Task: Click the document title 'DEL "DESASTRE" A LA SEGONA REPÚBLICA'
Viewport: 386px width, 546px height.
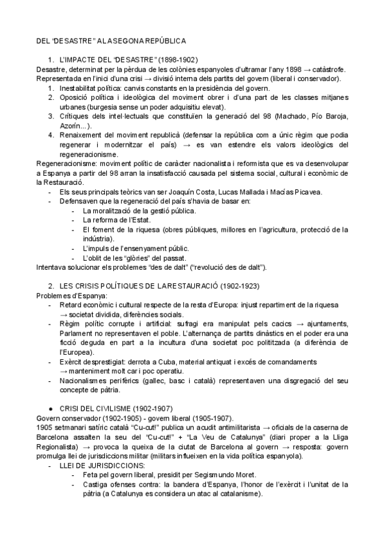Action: (111, 41)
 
